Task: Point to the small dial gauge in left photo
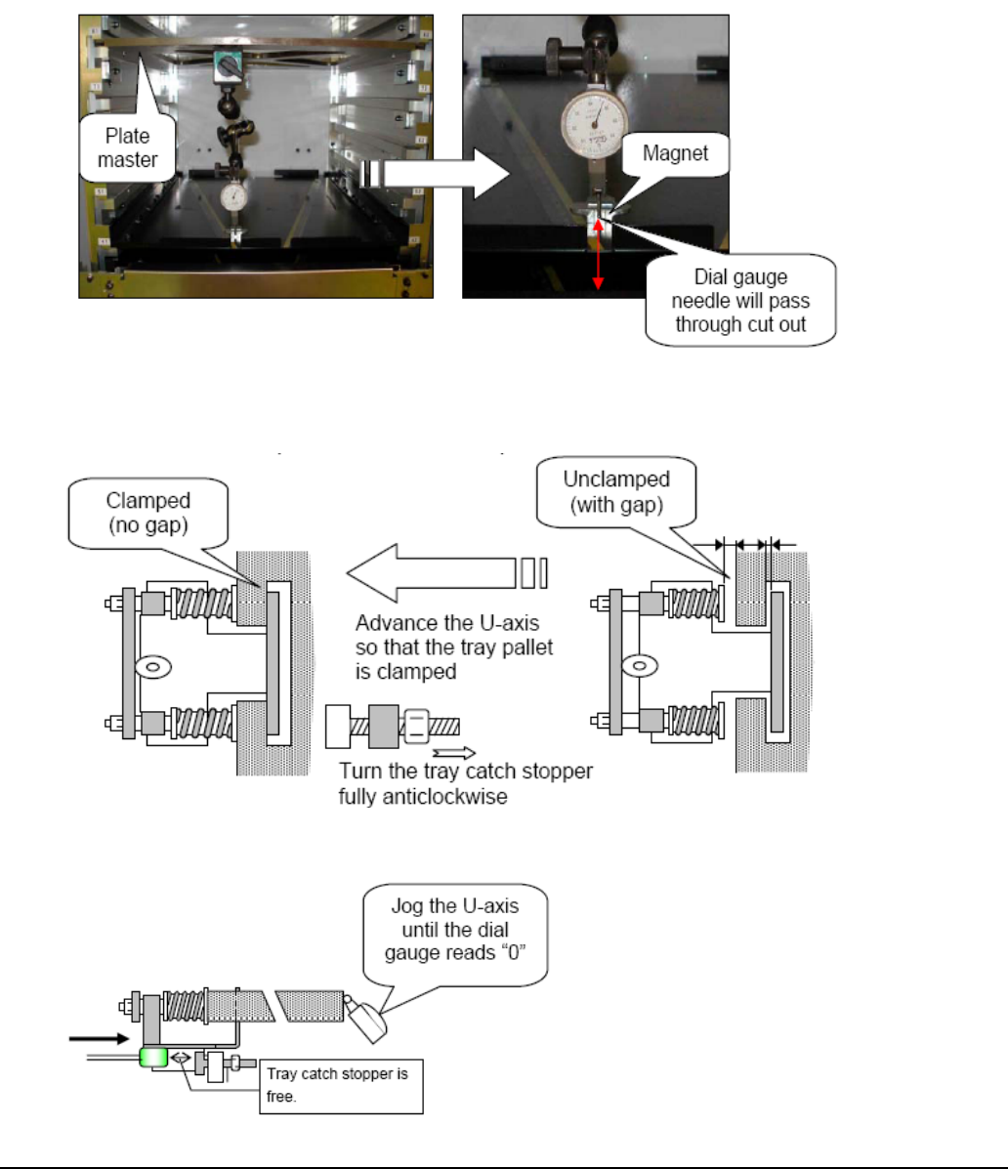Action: [234, 196]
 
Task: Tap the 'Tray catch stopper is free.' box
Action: [343, 1086]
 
